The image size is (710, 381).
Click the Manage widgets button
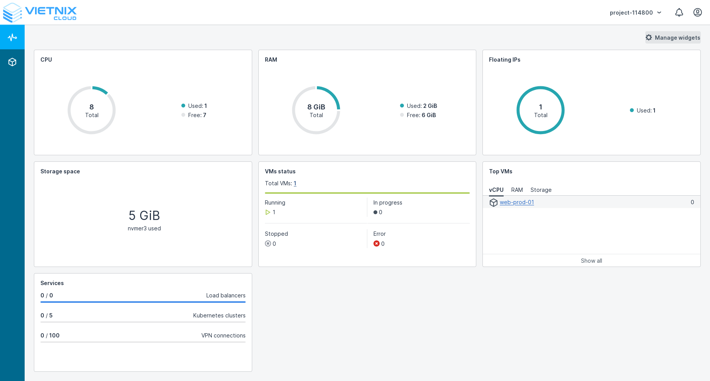pos(673,37)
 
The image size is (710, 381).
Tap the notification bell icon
pos(679,13)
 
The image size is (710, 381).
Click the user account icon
pos(697,13)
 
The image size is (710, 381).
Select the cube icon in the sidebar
pos(12,62)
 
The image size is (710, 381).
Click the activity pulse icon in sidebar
pos(12,37)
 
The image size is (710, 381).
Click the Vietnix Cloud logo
pos(40,13)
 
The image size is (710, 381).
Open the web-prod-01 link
pos(517,202)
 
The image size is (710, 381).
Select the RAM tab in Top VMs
pos(517,190)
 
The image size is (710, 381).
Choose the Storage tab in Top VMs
pos(541,190)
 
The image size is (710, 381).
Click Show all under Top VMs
pos(591,261)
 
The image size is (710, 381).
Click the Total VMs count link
pos(295,183)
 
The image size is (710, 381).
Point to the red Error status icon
pos(376,243)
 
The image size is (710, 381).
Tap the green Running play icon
pos(268,212)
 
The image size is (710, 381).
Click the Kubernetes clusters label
pos(219,316)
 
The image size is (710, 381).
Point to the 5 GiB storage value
pos(144,215)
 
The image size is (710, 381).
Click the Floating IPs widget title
pos(504,60)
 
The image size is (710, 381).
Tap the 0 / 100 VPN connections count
pos(50,336)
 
